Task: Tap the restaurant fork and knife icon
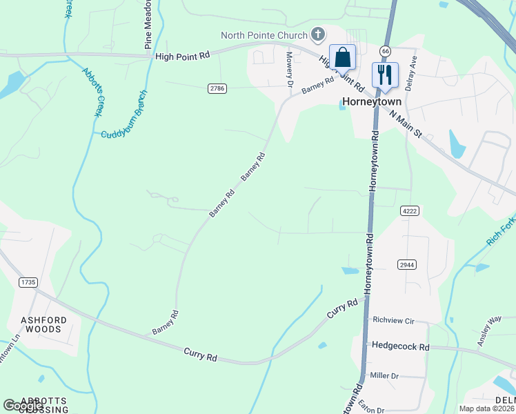coord(385,75)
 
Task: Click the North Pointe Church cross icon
coord(318,34)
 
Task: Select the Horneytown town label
coord(371,102)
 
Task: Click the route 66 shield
coord(385,51)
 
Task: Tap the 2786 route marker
coord(217,88)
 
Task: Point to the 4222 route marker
coord(409,210)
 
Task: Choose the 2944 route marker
coord(407,264)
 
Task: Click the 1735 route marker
coord(28,282)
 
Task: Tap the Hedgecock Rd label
coord(400,346)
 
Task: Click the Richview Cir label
coord(393,320)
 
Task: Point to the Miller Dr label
coord(385,375)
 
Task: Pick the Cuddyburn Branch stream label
coord(124,114)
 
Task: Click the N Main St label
coord(406,125)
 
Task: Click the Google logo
coord(23,406)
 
